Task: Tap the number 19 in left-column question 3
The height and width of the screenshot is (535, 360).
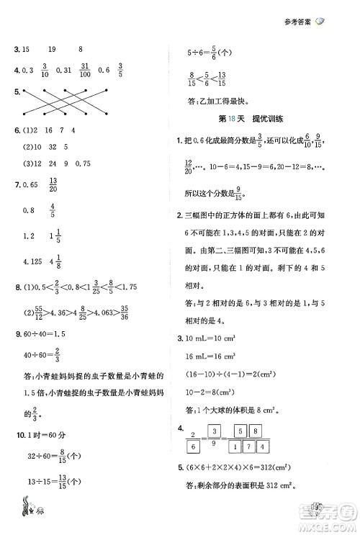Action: pos(51,50)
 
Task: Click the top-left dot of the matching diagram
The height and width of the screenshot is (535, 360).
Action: pos(24,91)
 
